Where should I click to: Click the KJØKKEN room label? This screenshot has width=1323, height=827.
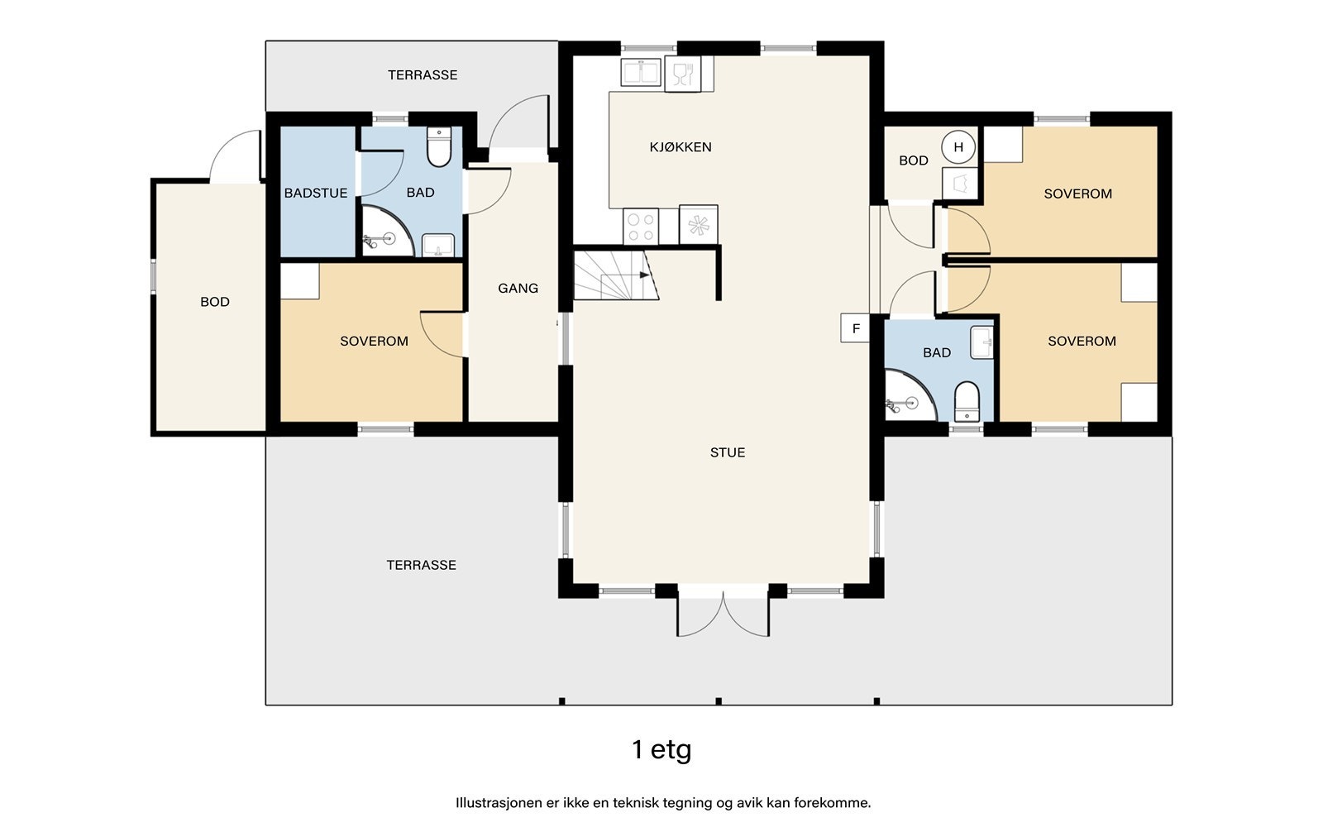(x=681, y=147)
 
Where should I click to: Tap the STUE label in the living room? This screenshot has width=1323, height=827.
(x=728, y=452)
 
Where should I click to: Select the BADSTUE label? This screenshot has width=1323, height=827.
(x=315, y=194)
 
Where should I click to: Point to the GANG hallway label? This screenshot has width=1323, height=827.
(x=518, y=289)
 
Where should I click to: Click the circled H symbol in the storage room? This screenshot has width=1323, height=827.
(x=958, y=147)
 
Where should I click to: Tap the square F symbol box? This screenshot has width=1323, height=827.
(x=855, y=328)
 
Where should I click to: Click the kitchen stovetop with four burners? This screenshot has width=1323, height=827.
(x=641, y=226)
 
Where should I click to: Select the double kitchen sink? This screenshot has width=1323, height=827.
(x=641, y=72)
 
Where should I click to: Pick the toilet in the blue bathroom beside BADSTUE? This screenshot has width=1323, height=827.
(x=439, y=146)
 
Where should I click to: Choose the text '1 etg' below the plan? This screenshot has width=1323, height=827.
(x=661, y=749)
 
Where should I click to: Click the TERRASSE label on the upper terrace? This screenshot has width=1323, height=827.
(x=423, y=75)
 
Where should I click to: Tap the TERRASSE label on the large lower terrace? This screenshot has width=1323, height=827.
(x=421, y=566)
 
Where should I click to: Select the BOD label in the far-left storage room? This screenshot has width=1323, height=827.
(x=215, y=302)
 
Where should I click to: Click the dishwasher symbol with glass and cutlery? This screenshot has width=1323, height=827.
(x=683, y=74)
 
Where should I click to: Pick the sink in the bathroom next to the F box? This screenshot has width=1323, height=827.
(x=982, y=342)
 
